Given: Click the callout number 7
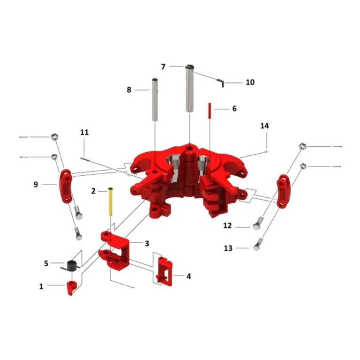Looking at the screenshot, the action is click(163, 67).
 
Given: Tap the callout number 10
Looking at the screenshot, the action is click(250, 82).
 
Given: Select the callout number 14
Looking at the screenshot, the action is click(264, 126).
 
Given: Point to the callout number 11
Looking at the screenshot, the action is click(84, 132).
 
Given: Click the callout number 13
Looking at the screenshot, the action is click(228, 248).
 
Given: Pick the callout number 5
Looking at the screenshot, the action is click(46, 263).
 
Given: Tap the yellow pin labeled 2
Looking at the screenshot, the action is click(111, 202).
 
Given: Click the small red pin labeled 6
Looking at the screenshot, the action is click(210, 111).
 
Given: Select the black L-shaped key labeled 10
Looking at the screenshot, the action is click(221, 82).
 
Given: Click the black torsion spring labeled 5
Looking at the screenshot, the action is click(71, 266).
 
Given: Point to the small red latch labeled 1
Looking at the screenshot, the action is click(71, 288).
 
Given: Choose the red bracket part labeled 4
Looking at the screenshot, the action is click(165, 272).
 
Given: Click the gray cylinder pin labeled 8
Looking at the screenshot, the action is click(155, 100).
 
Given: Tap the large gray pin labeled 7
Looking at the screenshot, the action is click(190, 89).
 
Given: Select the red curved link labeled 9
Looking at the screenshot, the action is click(66, 186).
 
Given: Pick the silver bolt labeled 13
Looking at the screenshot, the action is click(258, 245).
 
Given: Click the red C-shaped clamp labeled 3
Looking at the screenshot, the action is click(114, 251).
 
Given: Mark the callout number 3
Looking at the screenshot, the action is click(147, 243).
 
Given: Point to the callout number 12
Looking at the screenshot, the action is click(227, 225).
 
